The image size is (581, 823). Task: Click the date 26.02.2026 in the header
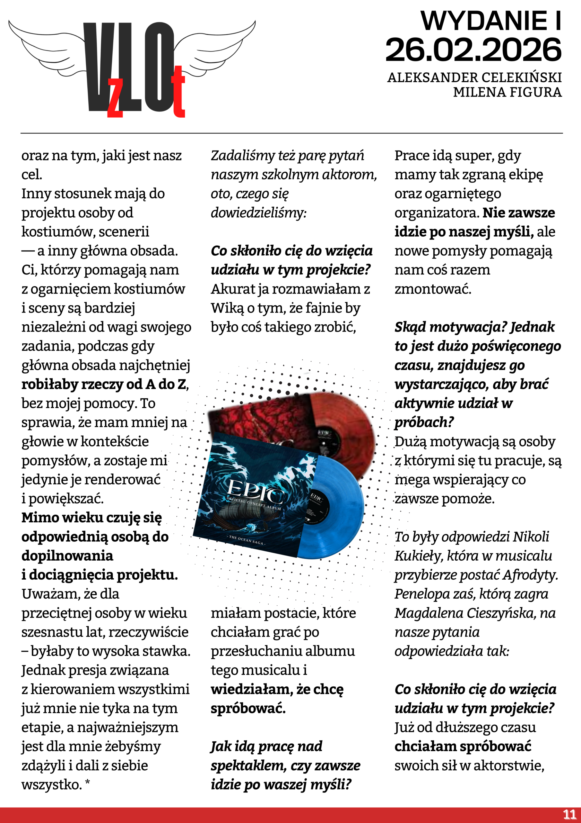coord(473,50)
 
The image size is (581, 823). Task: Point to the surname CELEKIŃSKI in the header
coord(521,77)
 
